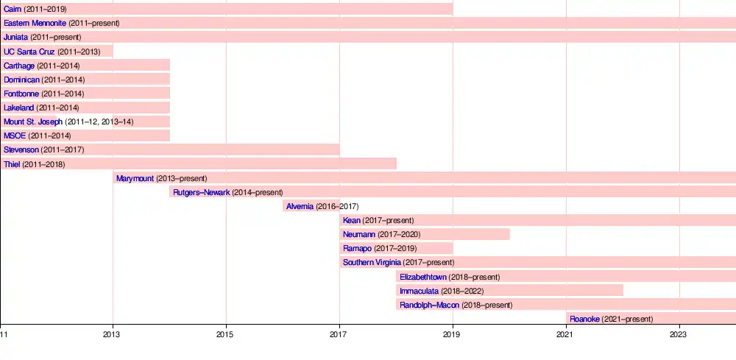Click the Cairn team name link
(x=13, y=9)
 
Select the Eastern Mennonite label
(x=35, y=23)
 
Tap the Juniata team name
(x=16, y=37)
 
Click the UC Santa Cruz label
(x=29, y=52)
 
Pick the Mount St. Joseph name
(x=33, y=121)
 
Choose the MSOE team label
(x=15, y=135)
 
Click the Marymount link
(x=135, y=178)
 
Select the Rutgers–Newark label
(x=202, y=192)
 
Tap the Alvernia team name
(x=300, y=206)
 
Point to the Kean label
(x=352, y=220)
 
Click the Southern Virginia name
(x=372, y=262)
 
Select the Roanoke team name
(x=584, y=319)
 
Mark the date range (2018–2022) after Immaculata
(x=461, y=291)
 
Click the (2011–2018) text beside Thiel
(x=43, y=164)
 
